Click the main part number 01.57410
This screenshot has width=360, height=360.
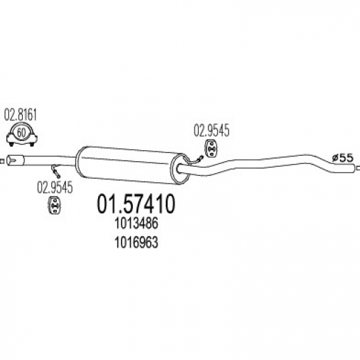[136, 204]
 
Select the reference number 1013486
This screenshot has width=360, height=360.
[136, 224]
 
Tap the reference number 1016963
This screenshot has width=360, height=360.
[136, 243]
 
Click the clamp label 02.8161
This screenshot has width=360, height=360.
[21, 115]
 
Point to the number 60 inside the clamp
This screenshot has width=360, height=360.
[21, 133]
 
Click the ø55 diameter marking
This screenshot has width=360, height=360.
[343, 158]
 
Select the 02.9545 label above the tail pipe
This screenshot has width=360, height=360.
[211, 131]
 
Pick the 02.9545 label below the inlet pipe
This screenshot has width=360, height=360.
[55, 188]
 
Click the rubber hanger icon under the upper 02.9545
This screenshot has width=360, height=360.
[211, 148]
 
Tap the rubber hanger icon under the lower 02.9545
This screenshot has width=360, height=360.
[55, 205]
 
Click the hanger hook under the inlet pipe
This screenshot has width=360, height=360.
[56, 171]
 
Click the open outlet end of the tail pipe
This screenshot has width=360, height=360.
[353, 168]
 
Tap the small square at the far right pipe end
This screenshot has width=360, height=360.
[359, 168]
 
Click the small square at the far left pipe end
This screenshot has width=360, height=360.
[2, 161]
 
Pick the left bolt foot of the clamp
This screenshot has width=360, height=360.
[11, 145]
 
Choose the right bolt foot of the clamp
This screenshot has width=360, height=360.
[32, 145]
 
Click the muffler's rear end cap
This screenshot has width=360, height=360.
[180, 169]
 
